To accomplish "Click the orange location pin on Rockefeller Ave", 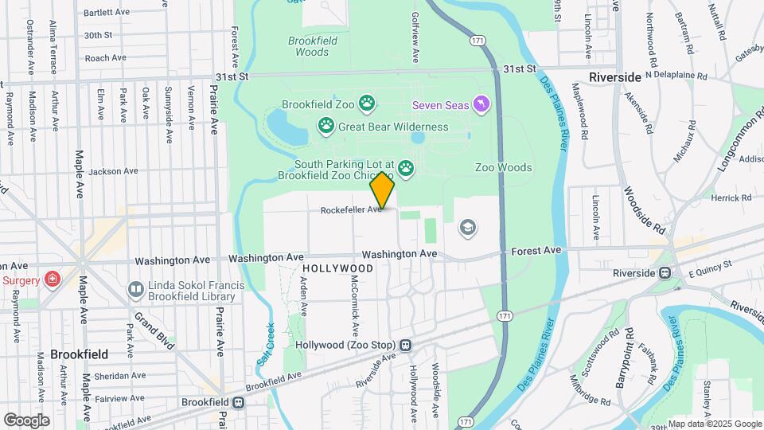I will tap(383, 190).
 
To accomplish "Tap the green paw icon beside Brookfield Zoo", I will tap(366, 103).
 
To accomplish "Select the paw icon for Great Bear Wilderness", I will tap(326, 125).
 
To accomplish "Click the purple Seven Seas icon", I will tap(481, 104).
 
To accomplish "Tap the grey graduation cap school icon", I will tap(469, 229).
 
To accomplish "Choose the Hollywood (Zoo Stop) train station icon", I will tap(406, 346).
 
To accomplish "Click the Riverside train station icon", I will tap(664, 272).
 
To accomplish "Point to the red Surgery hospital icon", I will tap(52, 279).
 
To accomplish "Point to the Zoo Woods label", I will tap(503, 167).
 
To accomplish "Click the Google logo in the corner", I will tap(26, 420).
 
